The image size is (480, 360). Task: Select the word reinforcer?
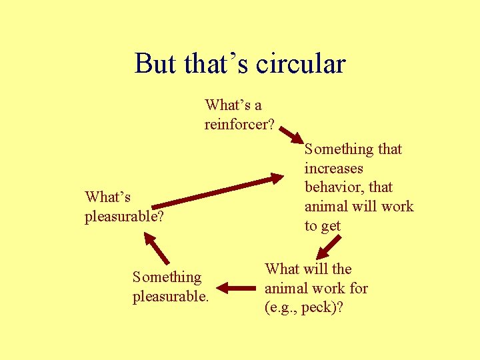(x=239, y=124)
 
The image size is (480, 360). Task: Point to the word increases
(x=333, y=168)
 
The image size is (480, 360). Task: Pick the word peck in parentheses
(x=321, y=307)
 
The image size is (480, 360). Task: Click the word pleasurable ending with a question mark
(x=124, y=217)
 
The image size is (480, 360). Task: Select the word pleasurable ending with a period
(x=171, y=295)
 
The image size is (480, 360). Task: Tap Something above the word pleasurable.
(x=167, y=277)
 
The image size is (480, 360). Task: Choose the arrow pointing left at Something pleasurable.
(x=237, y=288)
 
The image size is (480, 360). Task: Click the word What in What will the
(x=281, y=269)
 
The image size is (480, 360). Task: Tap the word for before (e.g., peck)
(x=357, y=288)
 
